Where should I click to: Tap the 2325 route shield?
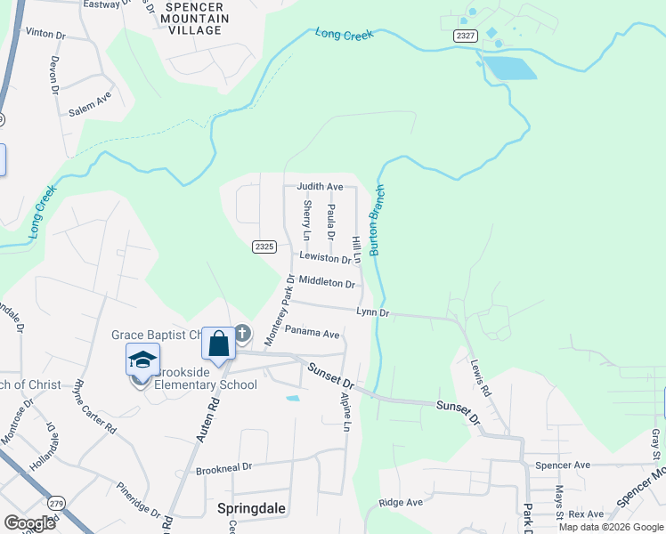click(x=264, y=247)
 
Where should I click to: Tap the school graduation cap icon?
click(x=142, y=360)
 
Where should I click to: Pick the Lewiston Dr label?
click(x=325, y=258)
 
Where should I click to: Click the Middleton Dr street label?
click(x=327, y=282)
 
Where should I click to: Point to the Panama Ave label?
click(x=313, y=335)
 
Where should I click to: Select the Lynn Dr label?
click(x=373, y=312)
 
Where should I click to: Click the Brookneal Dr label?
click(x=224, y=466)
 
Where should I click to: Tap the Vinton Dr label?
click(x=46, y=33)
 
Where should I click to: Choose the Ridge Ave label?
click(x=401, y=503)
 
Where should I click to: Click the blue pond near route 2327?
click(x=508, y=69)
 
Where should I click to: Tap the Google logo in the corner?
click(x=29, y=523)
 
